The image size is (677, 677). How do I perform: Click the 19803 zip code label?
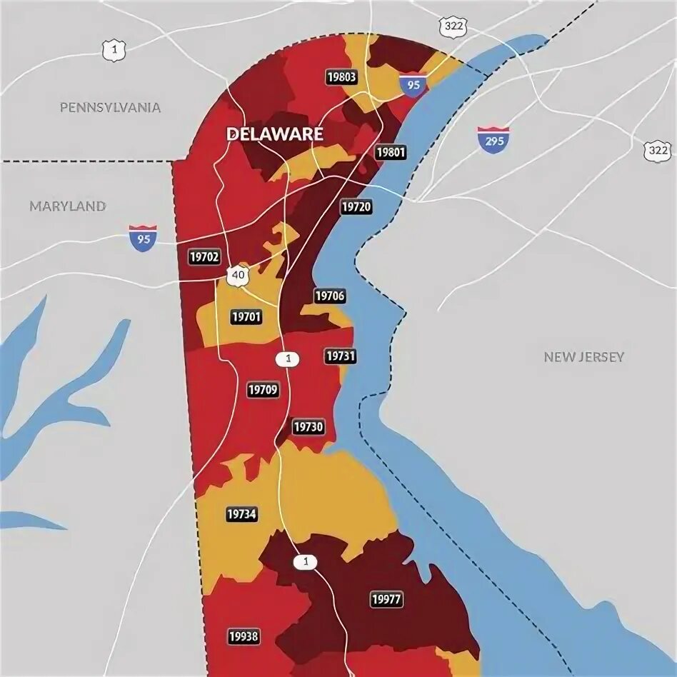click(x=341, y=78)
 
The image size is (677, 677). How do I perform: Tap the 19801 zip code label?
click(x=390, y=152)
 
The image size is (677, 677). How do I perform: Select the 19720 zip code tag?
click(x=356, y=207)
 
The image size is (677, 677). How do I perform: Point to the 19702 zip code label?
click(x=205, y=256)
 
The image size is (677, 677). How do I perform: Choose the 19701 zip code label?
click(x=246, y=316)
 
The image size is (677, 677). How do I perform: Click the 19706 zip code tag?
click(x=329, y=296)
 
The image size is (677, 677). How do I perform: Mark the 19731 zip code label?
click(x=339, y=356)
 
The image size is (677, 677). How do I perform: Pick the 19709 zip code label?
click(x=263, y=390)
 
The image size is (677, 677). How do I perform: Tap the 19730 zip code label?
click(x=309, y=428)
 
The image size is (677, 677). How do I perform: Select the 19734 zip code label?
click(x=241, y=513)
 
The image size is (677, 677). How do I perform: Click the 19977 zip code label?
click(x=386, y=599)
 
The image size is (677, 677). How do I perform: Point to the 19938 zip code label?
click(x=244, y=636)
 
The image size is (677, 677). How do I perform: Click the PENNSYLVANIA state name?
click(x=110, y=107)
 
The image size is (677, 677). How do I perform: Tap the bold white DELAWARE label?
click(x=275, y=134)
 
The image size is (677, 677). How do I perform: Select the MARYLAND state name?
click(x=68, y=206)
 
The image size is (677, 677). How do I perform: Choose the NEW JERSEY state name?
click(x=583, y=356)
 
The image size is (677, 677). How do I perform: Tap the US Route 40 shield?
click(x=236, y=274)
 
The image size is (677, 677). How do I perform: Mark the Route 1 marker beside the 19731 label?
click(x=289, y=359)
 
